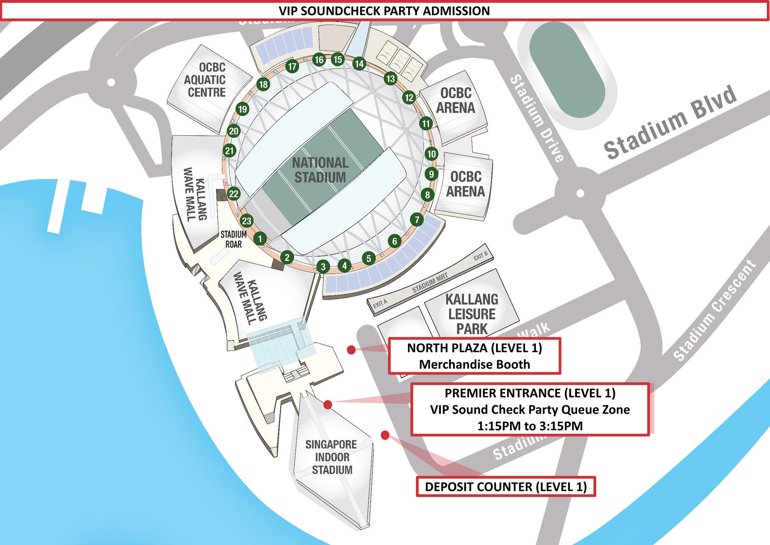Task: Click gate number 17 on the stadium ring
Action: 292,67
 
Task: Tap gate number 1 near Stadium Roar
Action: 260,239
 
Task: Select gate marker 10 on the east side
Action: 431,154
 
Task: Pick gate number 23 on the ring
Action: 246,221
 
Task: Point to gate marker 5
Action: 368,258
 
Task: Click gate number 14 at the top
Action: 359,64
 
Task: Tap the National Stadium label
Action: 320,170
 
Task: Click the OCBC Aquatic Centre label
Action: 206,80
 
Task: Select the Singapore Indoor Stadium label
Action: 331,457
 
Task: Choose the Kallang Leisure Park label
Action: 472,314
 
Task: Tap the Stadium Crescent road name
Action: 714,310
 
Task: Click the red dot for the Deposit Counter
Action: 385,435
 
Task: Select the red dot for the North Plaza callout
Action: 351,350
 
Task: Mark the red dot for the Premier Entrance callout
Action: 328,404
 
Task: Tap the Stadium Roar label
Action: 233,239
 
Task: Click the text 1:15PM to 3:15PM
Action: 530,426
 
